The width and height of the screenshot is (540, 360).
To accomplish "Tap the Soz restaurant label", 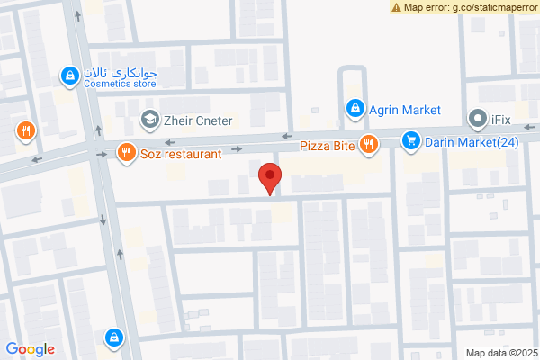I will pos(181,154).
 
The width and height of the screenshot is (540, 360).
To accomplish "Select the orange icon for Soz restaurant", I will pos(126,153).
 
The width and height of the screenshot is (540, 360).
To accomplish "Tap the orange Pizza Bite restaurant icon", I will pos(368,144).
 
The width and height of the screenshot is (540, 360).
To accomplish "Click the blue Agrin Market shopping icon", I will pos(355,110).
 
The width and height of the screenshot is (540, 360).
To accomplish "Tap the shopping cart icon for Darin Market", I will pos(411,140).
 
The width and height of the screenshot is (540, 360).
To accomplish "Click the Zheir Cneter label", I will pos(199,120).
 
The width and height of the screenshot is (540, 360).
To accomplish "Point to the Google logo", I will pos(30,349).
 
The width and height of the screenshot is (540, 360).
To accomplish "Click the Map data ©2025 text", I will pos(500,352).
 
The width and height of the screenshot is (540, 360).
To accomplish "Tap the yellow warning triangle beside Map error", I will pos(397,7).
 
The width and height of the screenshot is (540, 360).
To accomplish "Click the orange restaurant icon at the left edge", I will pos(24,130).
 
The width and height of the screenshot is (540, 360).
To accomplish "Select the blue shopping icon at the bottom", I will pos(114,337).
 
